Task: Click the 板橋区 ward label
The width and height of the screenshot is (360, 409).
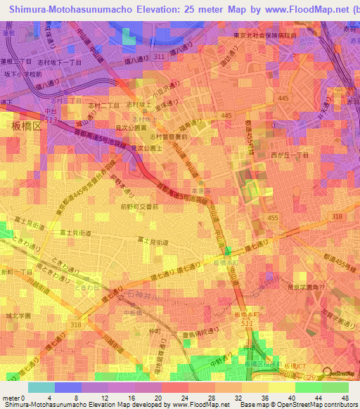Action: [x=24, y=126]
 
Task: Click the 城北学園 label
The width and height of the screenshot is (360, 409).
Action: [x=15, y=316]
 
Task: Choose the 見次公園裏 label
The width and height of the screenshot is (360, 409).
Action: [x=130, y=129]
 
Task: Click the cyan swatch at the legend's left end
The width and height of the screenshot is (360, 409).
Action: [x=41, y=387]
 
